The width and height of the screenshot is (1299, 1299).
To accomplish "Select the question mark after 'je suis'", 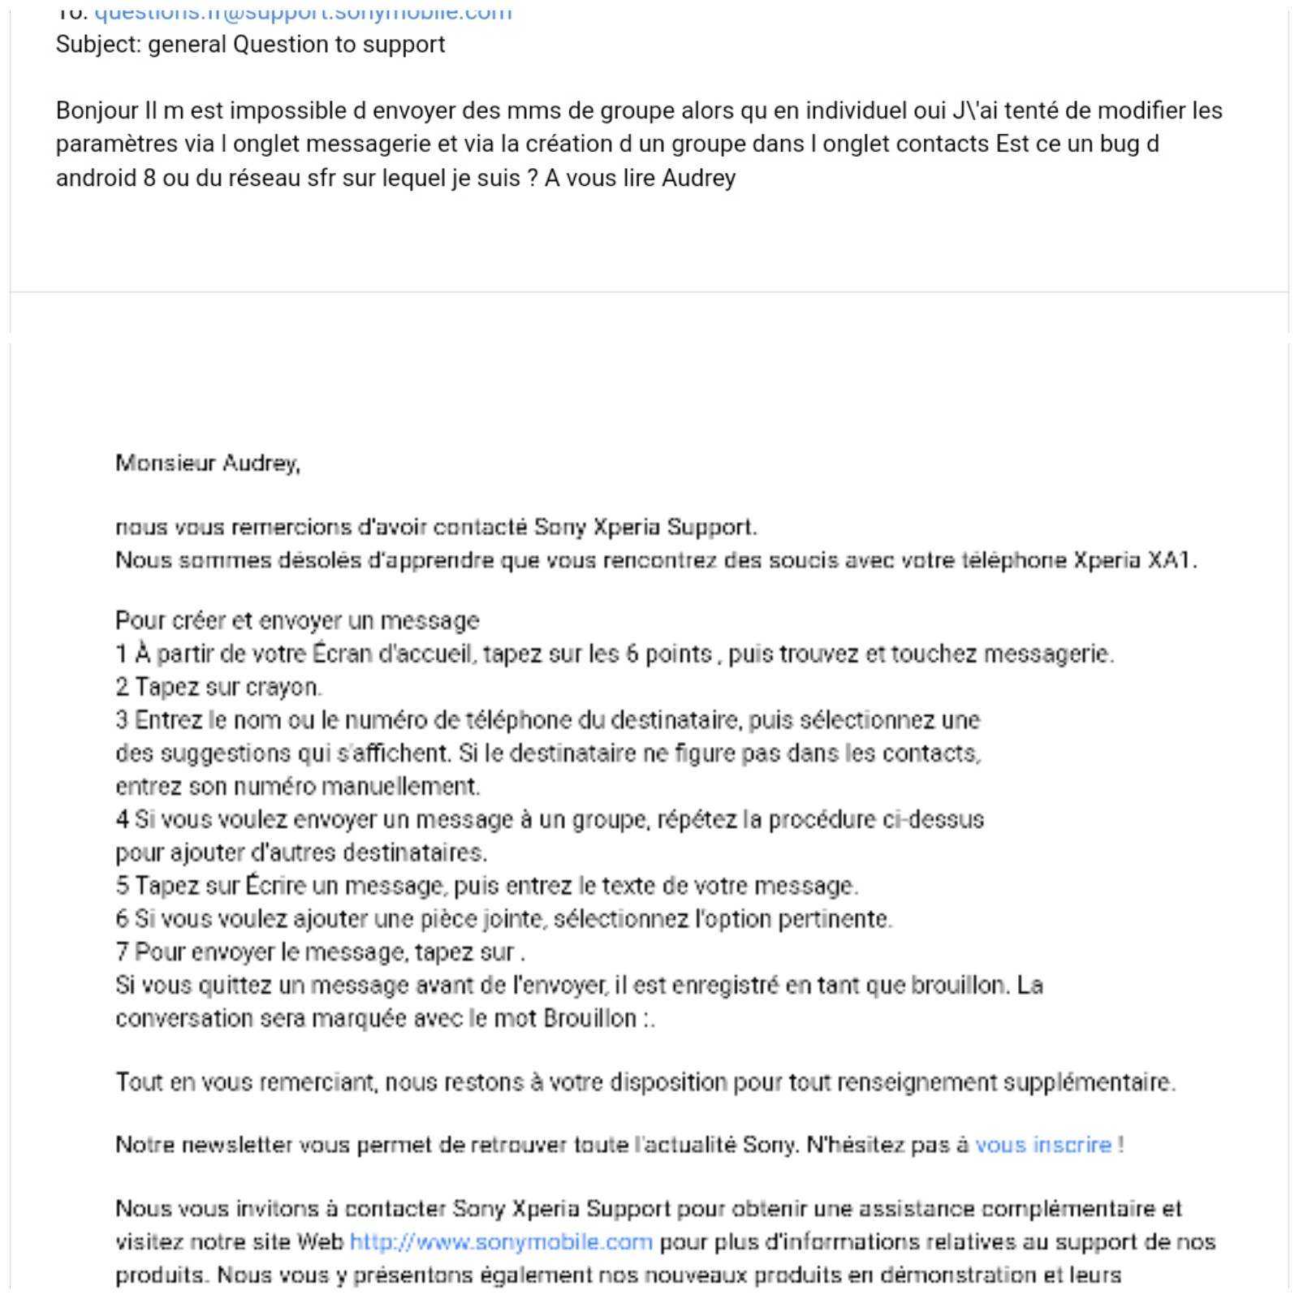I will [533, 178].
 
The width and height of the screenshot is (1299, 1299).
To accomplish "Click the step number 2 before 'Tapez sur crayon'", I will [122, 687].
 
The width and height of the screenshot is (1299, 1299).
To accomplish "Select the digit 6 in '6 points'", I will [632, 654].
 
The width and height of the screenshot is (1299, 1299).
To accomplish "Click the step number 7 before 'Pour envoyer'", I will [122, 952].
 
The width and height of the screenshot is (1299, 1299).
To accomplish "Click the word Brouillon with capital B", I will [590, 1018].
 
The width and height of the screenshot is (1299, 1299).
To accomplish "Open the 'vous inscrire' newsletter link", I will [1042, 1145].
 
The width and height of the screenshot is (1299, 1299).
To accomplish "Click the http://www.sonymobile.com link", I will [501, 1242].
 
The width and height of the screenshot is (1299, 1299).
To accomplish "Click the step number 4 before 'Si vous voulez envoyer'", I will [122, 819].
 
